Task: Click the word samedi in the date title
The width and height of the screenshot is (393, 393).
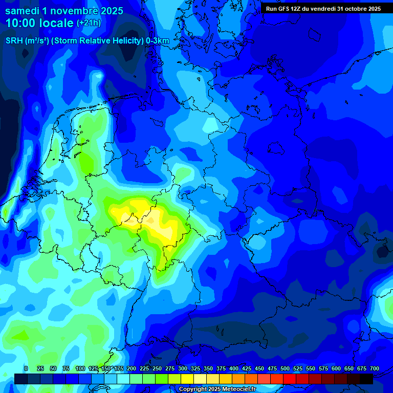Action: point(23,10)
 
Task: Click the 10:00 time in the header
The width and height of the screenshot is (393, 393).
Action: point(20,23)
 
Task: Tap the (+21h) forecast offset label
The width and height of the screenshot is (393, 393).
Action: point(89,23)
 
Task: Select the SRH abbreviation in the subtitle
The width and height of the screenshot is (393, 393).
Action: point(14,41)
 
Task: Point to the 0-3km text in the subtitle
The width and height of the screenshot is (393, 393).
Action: point(158,41)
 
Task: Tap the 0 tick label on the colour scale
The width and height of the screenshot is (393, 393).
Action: point(26,368)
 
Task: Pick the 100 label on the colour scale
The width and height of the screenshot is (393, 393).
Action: point(80,368)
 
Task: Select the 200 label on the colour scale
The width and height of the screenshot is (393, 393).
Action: point(132,368)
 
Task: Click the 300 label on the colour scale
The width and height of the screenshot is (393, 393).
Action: point(183,368)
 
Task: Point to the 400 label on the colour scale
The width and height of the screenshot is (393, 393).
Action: point(234,368)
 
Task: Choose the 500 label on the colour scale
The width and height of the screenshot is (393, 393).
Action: point(285,368)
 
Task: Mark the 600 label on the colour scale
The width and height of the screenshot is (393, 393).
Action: point(336,368)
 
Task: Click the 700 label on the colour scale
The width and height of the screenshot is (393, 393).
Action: point(375,368)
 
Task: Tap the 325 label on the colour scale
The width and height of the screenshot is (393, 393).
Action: point(195,368)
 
